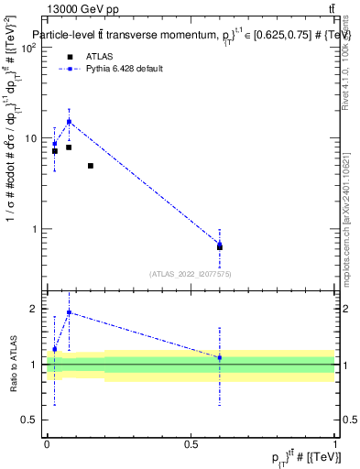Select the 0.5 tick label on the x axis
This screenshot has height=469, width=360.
click(x=191, y=444)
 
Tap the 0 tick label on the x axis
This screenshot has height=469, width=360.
click(x=47, y=444)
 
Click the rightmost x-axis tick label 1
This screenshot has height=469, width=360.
click(x=334, y=444)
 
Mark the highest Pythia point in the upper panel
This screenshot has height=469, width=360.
click(x=69, y=122)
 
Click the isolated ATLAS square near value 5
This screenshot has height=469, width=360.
click(x=91, y=166)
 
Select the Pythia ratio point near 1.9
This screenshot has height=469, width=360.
click(x=69, y=312)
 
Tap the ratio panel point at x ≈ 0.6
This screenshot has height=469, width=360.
click(x=220, y=357)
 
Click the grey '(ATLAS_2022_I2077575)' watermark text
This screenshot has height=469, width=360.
click(x=191, y=273)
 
